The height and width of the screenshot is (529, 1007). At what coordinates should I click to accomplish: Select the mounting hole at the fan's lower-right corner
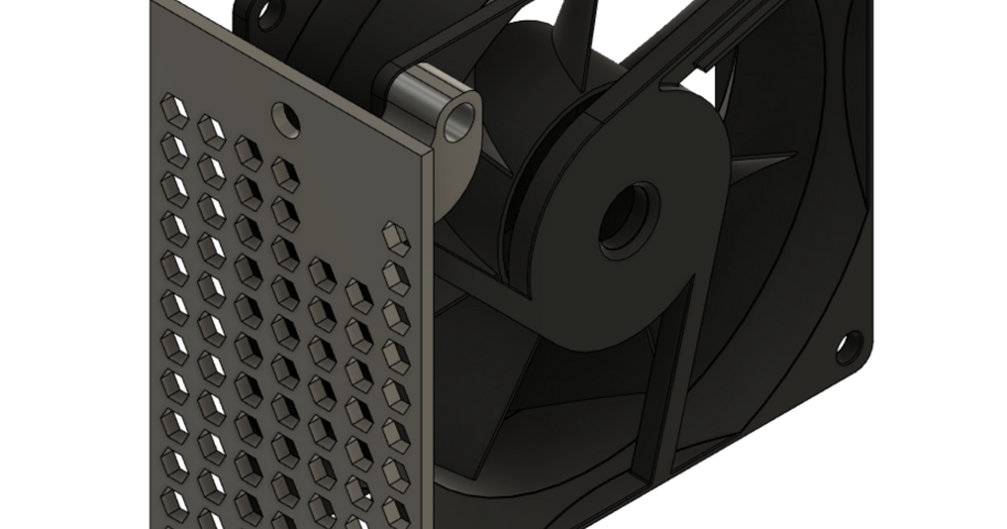[849, 346]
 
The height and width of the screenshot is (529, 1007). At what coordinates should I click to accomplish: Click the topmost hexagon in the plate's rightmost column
[395, 238]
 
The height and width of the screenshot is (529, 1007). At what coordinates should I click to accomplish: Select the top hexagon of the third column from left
[248, 152]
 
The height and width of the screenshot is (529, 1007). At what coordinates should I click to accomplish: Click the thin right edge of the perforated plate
[434, 336]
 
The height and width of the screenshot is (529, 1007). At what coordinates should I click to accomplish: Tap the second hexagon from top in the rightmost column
[395, 278]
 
